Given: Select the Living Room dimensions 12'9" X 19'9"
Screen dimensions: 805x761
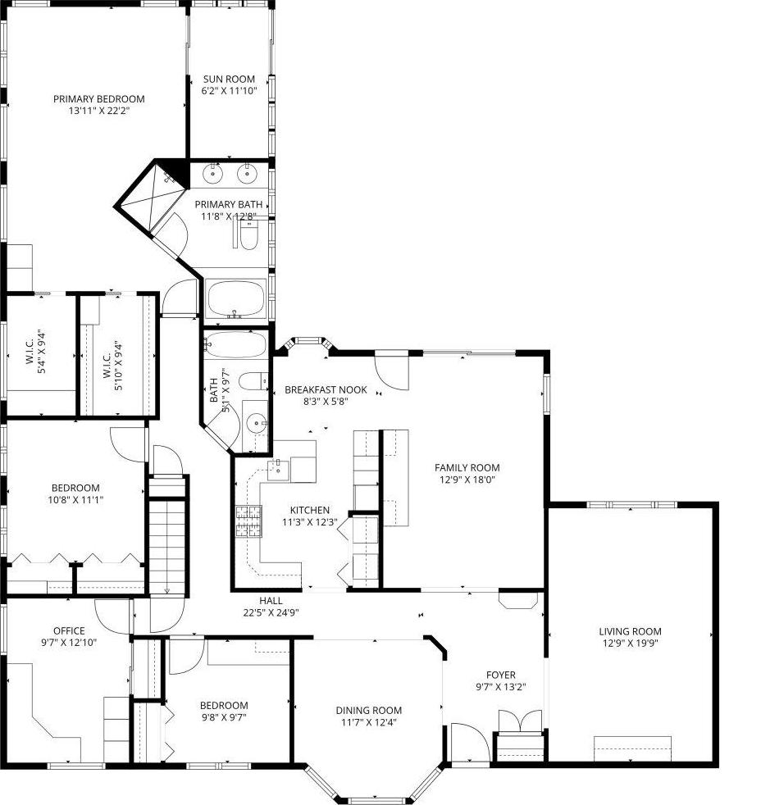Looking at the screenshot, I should point(629,644).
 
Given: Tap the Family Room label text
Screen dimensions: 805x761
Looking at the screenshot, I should point(467,467).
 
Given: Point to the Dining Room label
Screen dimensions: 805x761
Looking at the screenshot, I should point(368,711).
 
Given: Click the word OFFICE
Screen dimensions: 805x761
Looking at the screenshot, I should point(69,630).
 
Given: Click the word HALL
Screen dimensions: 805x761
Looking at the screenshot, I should point(271,600).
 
